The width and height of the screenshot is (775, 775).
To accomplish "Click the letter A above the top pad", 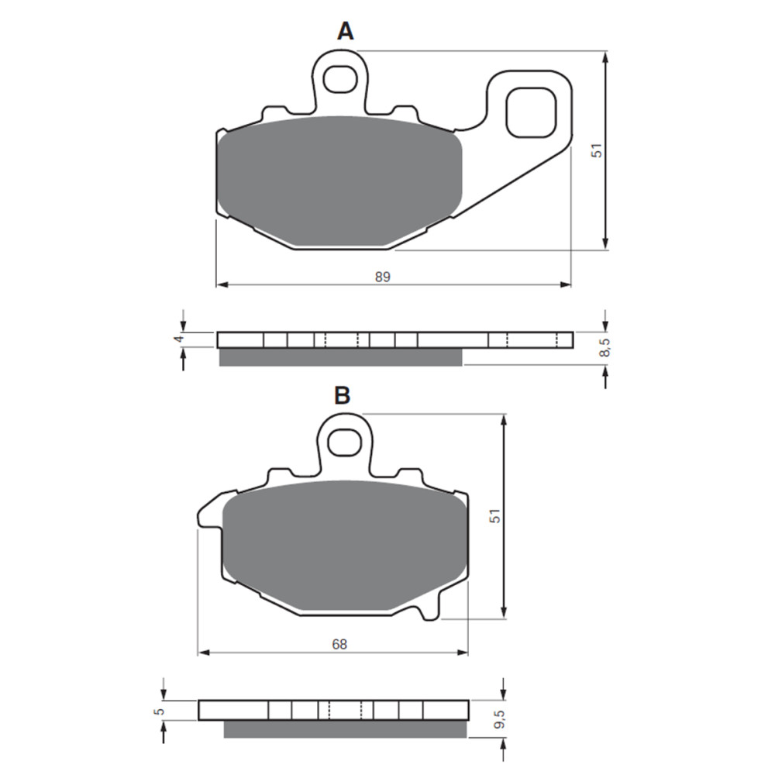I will [x=345, y=31].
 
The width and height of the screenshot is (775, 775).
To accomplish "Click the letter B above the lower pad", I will [x=342, y=395].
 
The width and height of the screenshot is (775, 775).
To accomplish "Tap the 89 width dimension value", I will [x=383, y=277].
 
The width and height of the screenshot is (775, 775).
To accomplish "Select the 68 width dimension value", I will [x=339, y=643].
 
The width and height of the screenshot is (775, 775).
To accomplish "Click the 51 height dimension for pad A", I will [x=596, y=150].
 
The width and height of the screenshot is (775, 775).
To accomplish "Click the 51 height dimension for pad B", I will [x=494, y=516].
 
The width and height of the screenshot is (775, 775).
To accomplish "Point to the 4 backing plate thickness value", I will [x=177, y=339].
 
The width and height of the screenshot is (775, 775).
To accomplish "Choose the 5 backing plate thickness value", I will [x=158, y=711].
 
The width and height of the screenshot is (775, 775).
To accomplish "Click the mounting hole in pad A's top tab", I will [x=338, y=77].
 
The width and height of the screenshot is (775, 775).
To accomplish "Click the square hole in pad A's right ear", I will [x=531, y=112].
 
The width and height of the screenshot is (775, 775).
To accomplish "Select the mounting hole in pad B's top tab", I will [x=344, y=442].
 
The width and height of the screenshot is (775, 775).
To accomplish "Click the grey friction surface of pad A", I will [x=341, y=182].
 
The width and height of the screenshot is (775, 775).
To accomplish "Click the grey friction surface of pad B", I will [x=346, y=546].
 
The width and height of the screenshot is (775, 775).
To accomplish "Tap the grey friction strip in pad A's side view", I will [x=341, y=356].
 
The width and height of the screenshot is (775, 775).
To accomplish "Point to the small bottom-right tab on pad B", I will [x=428, y=614].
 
